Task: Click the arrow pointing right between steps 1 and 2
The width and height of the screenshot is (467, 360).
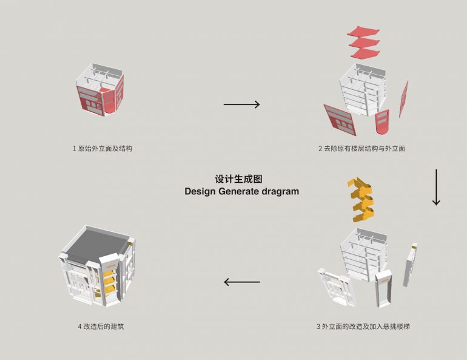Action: (x=241, y=104)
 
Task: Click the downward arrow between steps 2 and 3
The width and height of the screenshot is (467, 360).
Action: (x=436, y=187)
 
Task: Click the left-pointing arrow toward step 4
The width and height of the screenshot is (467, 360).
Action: (x=241, y=282)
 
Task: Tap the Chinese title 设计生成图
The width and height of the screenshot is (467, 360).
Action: (x=238, y=179)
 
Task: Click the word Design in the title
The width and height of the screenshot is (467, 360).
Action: (x=200, y=191)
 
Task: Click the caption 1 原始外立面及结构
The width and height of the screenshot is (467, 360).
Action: (x=102, y=148)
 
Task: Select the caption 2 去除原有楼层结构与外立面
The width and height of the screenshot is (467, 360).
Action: (x=362, y=148)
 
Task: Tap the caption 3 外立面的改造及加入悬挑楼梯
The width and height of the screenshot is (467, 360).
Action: (x=363, y=327)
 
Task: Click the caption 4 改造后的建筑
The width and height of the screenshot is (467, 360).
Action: (x=101, y=327)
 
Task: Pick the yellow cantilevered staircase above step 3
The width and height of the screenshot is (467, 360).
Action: (x=361, y=200)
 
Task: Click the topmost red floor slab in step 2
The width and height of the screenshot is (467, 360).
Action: (x=363, y=32)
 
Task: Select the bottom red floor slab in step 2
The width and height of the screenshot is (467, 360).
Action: (x=365, y=53)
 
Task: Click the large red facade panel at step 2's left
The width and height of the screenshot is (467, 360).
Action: (x=340, y=120)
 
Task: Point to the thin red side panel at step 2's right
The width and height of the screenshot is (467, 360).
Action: (x=403, y=99)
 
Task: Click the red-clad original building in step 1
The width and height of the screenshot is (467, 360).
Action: (x=100, y=89)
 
